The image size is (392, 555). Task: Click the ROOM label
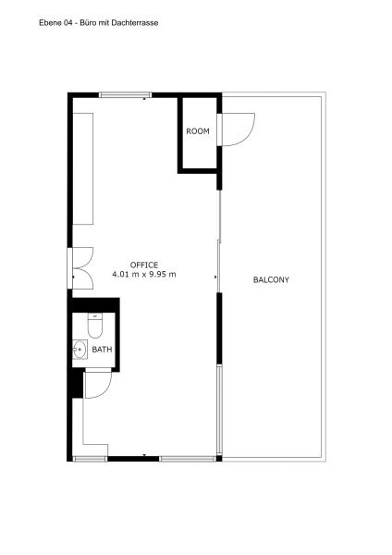coord(198,131)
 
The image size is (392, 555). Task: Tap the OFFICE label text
coord(144,265)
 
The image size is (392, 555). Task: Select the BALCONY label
coord(271,279)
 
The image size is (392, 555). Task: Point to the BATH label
coord(102,350)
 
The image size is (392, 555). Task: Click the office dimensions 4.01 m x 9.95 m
coord(144,274)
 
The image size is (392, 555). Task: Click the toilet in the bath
coord(95,326)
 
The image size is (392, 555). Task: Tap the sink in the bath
coord(80,350)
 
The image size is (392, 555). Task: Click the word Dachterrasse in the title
coord(135,23)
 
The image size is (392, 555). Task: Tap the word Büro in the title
coord(87,23)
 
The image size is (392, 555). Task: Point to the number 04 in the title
coord(67,23)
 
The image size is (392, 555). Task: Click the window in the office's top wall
coord(125,95)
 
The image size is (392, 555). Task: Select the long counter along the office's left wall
coord(83,169)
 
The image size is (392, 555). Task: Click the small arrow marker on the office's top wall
coord(144,100)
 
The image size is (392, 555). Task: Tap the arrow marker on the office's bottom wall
coord(144,455)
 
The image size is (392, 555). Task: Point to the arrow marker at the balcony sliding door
coord(215,277)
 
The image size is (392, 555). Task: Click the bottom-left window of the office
coord(90,459)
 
